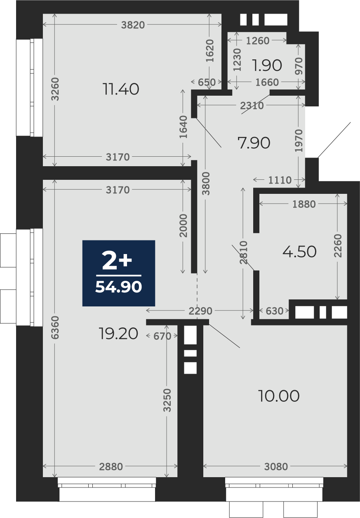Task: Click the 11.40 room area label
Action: (x=121, y=89)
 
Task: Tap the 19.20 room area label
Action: (x=118, y=334)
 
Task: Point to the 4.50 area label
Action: (x=299, y=252)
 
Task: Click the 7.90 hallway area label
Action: (x=254, y=143)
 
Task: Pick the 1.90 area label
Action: (x=267, y=65)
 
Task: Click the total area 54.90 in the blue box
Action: (x=118, y=287)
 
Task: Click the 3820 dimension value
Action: (x=133, y=25)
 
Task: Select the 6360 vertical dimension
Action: (x=55, y=328)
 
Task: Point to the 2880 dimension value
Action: (x=111, y=467)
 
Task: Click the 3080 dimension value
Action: (x=276, y=467)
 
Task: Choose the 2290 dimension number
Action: (x=200, y=311)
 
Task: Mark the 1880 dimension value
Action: (x=304, y=204)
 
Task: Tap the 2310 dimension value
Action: (x=252, y=106)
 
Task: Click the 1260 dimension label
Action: (x=258, y=41)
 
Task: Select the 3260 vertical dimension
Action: (x=55, y=89)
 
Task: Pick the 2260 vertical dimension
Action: (x=338, y=245)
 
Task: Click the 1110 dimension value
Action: (x=280, y=180)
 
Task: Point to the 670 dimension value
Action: (x=162, y=336)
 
